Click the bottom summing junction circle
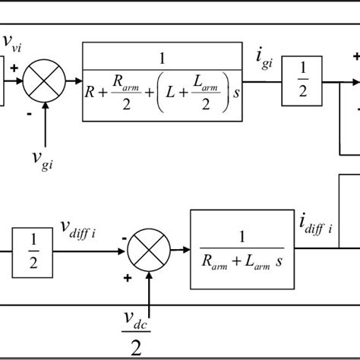[x=149, y=250]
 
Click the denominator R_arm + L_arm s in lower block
[x=238, y=263]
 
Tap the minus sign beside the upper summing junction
[x=30, y=113]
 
